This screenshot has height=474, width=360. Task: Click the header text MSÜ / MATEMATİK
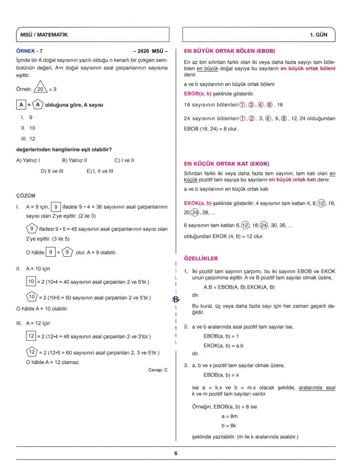coord(44,35)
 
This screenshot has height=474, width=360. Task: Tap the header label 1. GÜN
coord(319,35)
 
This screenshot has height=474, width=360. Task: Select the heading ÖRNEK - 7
coord(29,51)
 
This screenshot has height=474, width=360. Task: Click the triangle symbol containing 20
coord(40,89)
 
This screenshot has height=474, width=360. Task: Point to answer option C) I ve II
coord(124,160)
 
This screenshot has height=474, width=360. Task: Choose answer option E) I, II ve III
coord(100,171)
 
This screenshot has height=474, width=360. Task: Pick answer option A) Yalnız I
coord(28,160)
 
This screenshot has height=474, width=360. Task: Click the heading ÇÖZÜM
coord(26,196)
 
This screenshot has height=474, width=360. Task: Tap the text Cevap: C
coord(158,370)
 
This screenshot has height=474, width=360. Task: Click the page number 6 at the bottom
coord(176,453)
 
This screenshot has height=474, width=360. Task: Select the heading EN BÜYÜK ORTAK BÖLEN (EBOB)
coord(229,51)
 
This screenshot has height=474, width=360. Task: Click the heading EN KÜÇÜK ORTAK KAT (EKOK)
coord(227,164)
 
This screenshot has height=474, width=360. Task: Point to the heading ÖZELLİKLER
coord(201,259)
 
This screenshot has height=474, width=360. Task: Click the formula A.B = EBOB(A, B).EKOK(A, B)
coord(239,287)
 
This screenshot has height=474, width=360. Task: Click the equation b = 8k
coord(229,426)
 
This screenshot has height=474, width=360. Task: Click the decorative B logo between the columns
coord(176,299)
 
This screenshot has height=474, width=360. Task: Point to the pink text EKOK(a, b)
coord(198,203)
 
